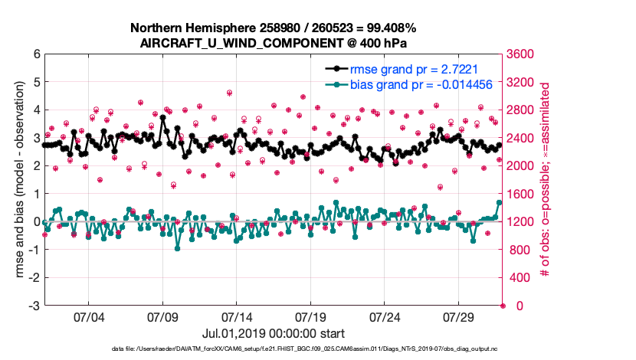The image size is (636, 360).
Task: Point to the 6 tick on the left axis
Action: pos(37,54)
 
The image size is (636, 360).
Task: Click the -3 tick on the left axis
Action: pos(34,306)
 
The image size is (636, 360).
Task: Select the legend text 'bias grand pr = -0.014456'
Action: pos(420,84)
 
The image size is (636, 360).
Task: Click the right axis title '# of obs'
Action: pos(546,181)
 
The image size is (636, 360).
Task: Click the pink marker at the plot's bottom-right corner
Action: pos(503,306)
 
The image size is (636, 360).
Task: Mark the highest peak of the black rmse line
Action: pos(162,118)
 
